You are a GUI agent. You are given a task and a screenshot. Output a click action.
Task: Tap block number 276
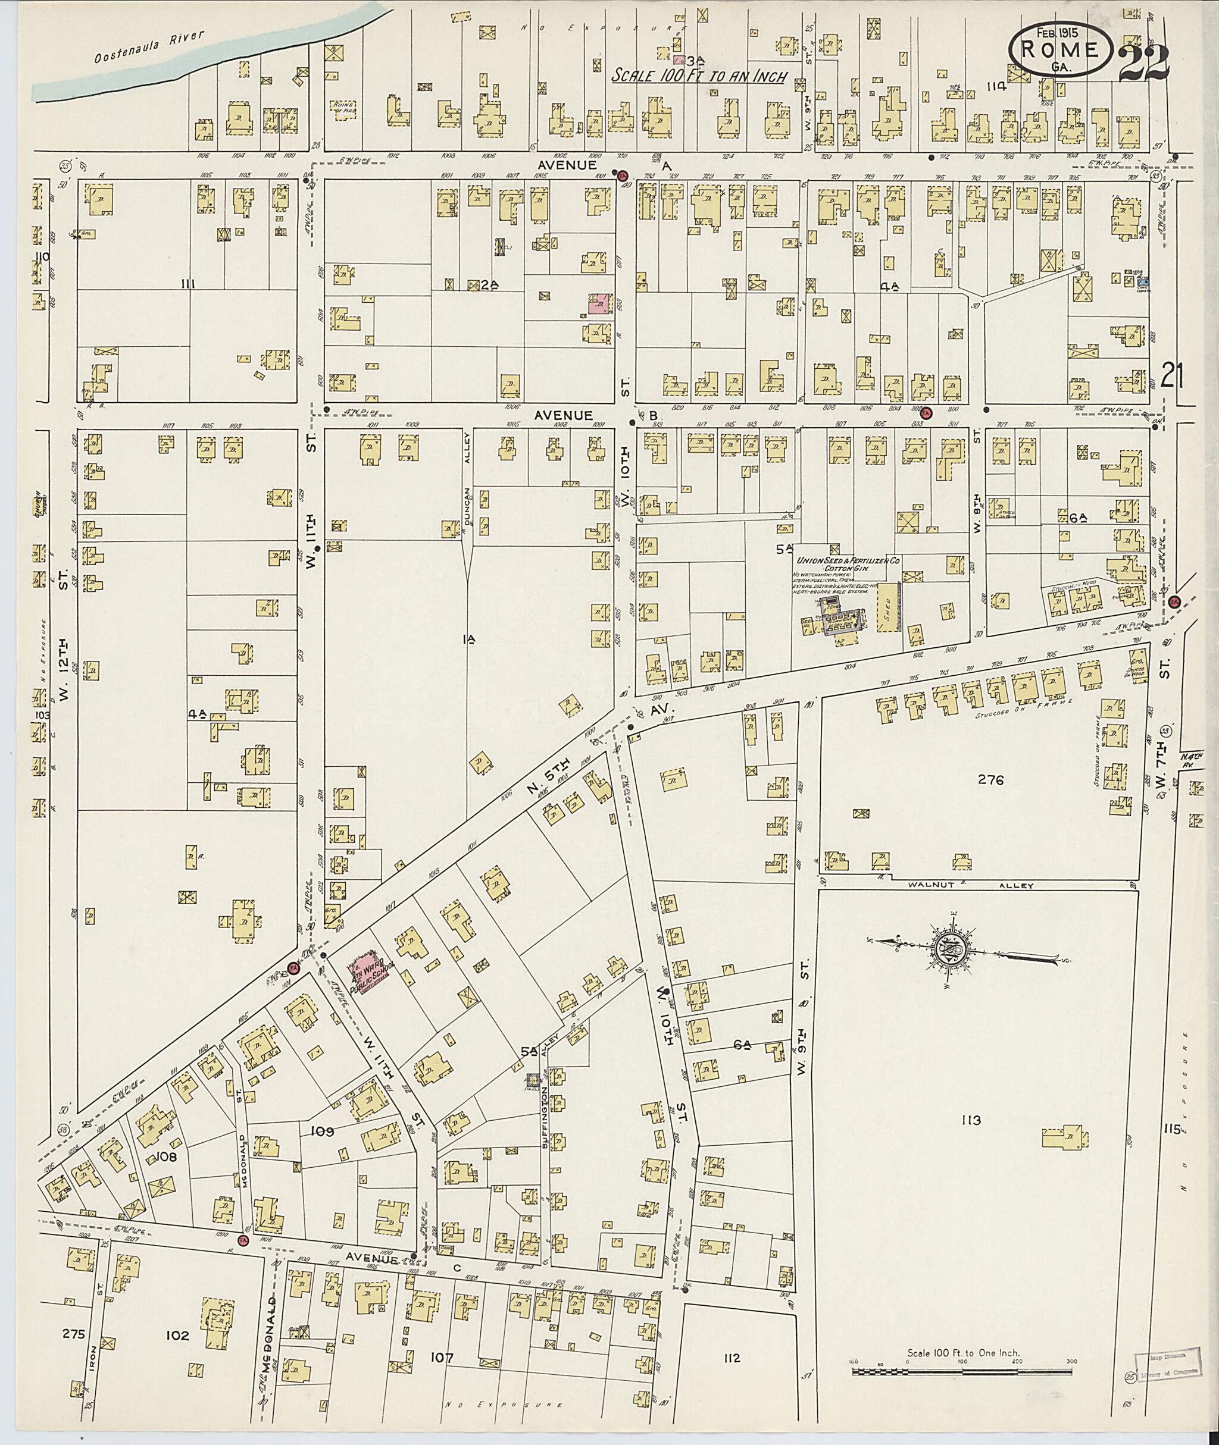(x=990, y=781)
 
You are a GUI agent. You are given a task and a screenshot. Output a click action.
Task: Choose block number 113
(x=970, y=1120)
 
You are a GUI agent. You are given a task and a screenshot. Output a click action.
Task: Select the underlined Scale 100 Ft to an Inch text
(x=699, y=76)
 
